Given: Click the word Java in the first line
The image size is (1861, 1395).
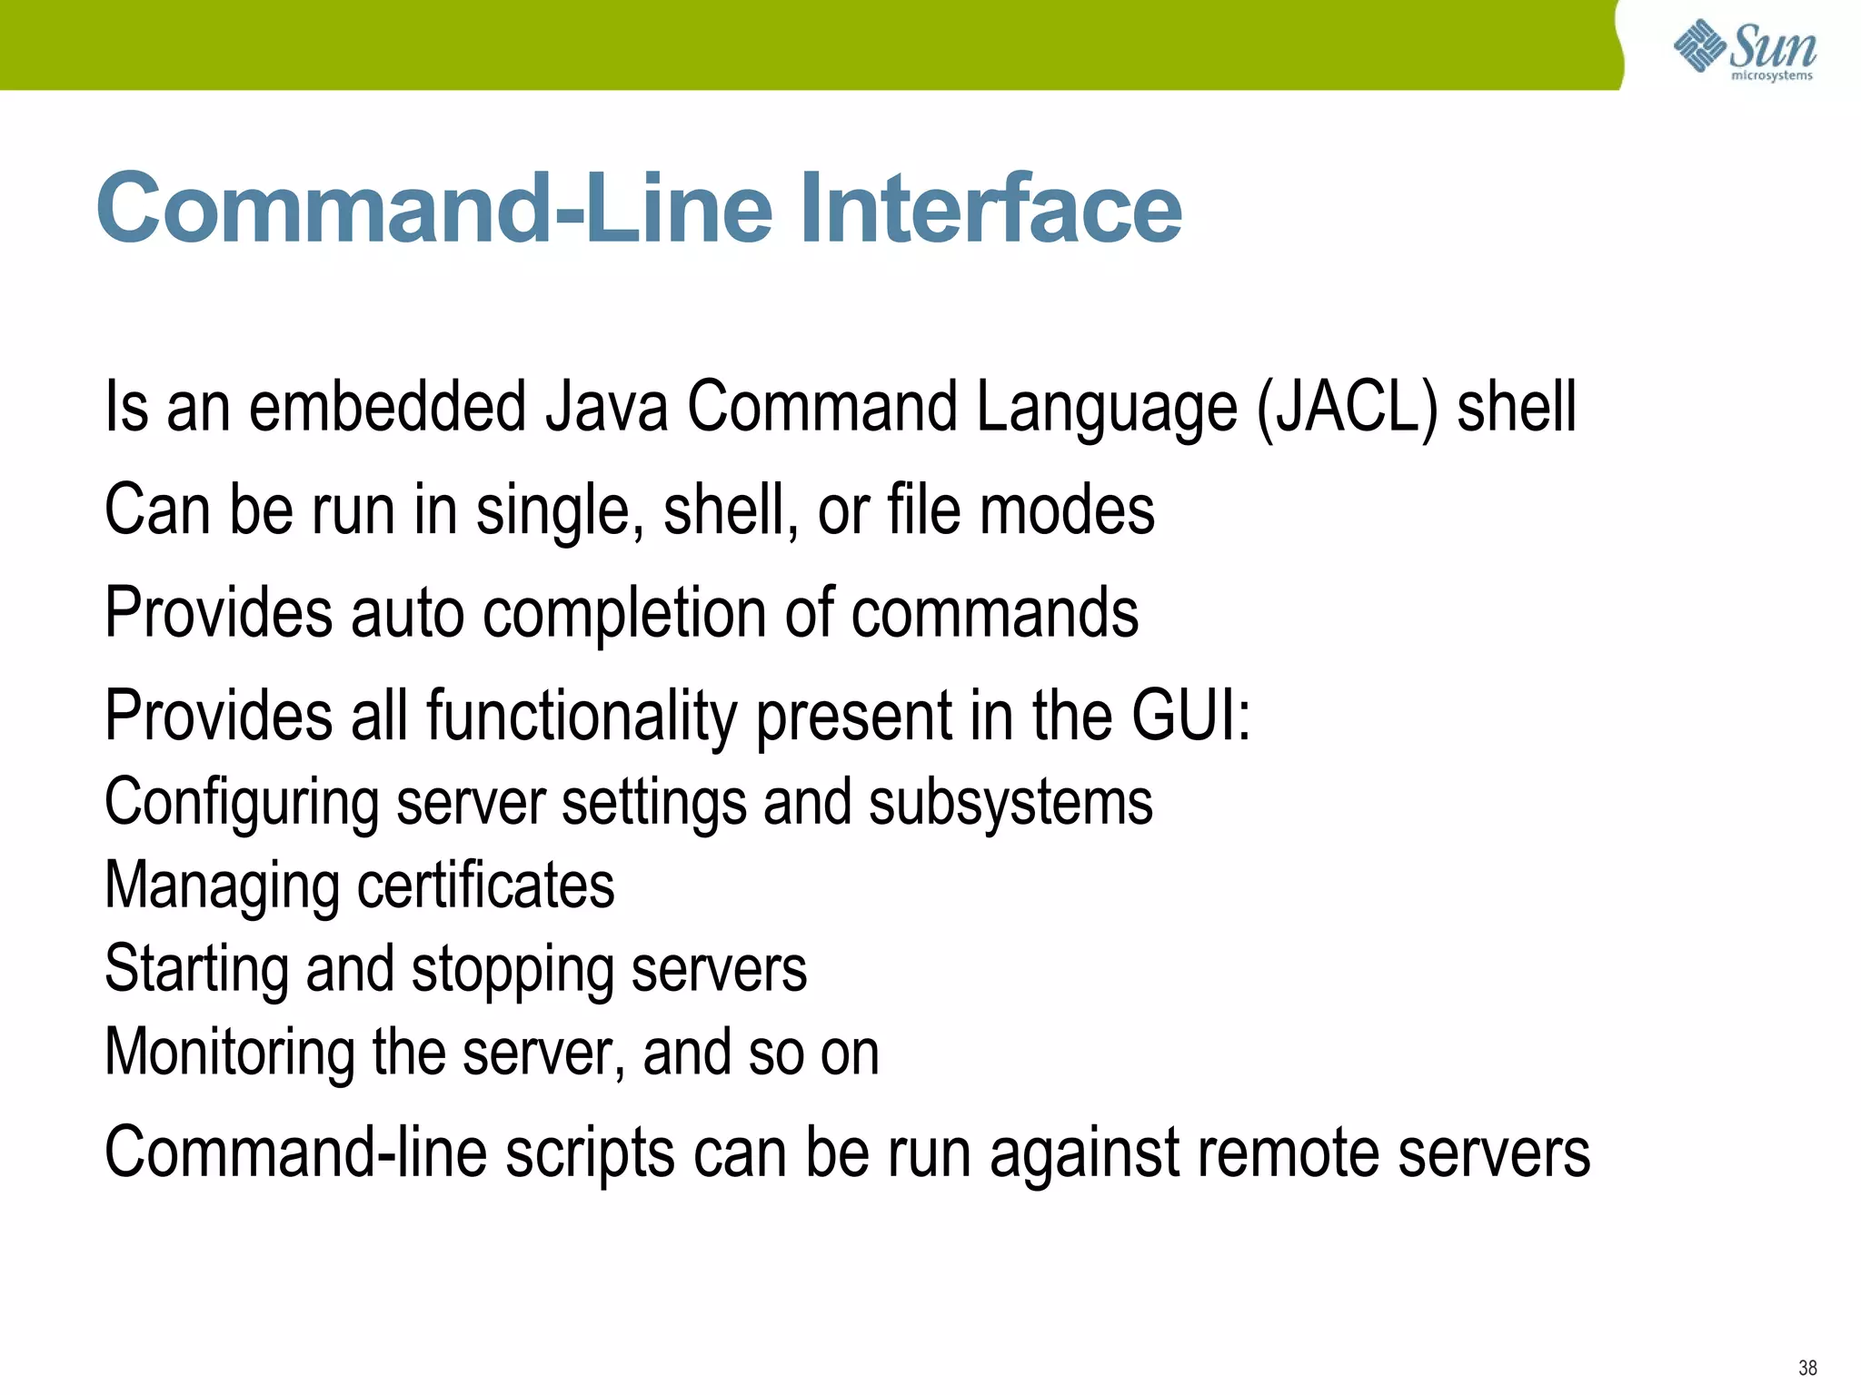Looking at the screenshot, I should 606,406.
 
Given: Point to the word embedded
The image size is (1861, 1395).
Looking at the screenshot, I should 387,406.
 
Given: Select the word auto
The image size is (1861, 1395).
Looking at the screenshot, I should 407,614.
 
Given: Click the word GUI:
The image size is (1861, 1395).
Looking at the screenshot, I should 1191,716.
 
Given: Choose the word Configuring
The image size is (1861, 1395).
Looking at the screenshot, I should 242,804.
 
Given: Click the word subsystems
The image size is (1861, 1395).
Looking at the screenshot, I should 1010,802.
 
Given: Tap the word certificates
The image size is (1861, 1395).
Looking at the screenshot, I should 485,885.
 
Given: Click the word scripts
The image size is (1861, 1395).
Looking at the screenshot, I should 589,1154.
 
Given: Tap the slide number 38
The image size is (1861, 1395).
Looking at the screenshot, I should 1807,1368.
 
